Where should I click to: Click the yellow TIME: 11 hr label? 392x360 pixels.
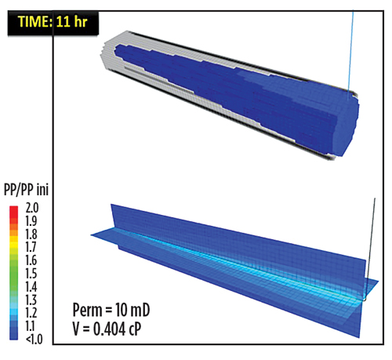pos(53,21)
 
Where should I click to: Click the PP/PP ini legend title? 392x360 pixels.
pos(26,189)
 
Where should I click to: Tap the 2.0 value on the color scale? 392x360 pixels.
pos(32,208)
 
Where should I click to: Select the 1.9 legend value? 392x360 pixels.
pos(31,221)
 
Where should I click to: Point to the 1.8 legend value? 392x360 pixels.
pos(31,235)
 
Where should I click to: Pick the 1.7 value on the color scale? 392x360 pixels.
pos(31,247)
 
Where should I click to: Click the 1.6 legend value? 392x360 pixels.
pos(31,260)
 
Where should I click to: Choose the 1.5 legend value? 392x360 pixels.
pos(31,274)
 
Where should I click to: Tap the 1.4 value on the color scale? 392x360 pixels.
pos(31,287)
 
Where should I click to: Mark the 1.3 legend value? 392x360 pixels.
pos(31,300)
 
